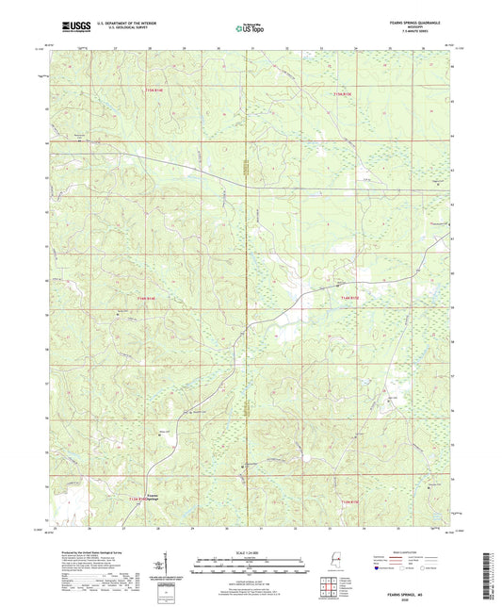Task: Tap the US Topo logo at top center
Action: (x=250, y=28)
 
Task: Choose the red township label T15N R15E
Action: (x=348, y=94)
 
